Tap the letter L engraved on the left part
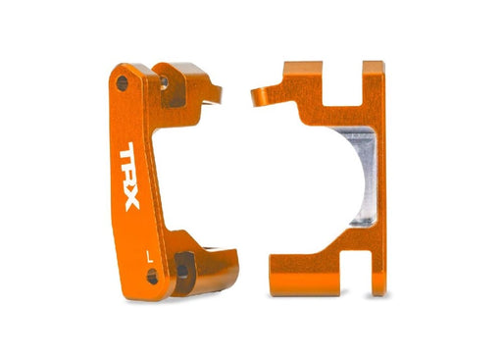(x=147, y=255)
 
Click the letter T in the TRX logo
(x=129, y=159)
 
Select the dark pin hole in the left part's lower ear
(x=183, y=269)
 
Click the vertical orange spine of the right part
(x=375, y=177)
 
